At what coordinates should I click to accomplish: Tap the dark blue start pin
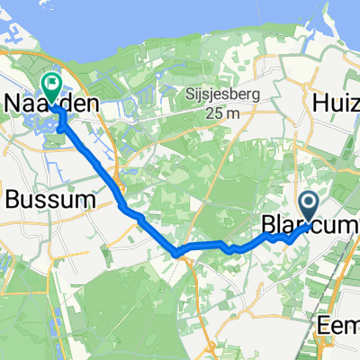coord(308,208)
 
